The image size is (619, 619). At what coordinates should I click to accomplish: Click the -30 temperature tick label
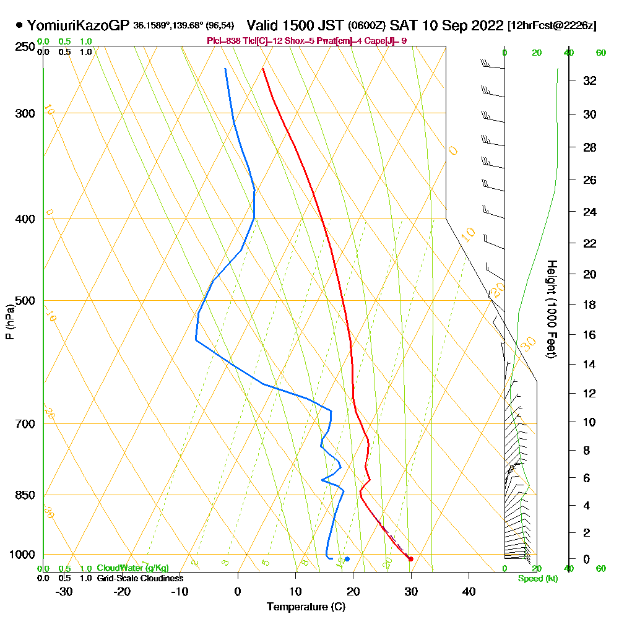[64, 591]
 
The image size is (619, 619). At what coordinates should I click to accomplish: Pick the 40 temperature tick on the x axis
[469, 591]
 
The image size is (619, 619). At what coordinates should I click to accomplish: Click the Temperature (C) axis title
[306, 607]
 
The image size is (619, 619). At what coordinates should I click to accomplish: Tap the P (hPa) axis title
[9, 321]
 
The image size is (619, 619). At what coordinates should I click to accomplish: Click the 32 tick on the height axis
[590, 80]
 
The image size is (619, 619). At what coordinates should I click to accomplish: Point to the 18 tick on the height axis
[590, 305]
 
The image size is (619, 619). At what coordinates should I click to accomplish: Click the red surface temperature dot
[410, 559]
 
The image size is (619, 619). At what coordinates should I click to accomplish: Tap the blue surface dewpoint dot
[347, 559]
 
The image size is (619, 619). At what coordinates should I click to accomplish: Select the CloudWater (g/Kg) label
[132, 568]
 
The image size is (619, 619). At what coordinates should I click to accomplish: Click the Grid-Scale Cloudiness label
[139, 578]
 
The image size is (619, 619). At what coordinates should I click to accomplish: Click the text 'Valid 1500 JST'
[296, 25]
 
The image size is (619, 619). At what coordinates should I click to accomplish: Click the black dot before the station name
[19, 25]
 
